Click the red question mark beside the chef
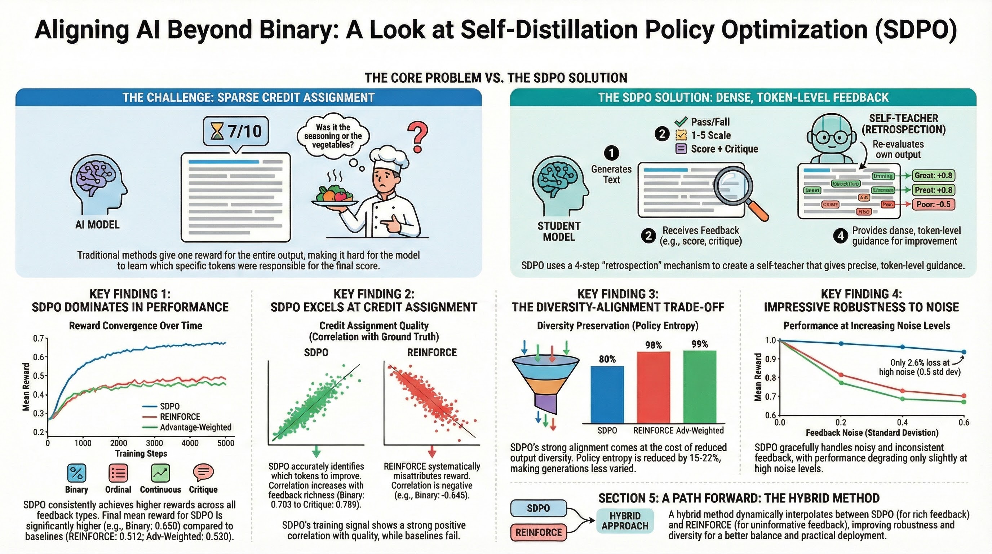pos(418,137)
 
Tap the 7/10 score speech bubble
pos(236,132)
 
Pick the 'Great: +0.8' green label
pos(934,176)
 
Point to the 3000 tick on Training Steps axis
pos(154,443)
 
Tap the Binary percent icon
pos(77,473)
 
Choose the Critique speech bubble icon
pos(203,472)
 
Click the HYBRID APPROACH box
pos(625,521)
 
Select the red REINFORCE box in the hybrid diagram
pos(539,532)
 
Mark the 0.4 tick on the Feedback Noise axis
pos(902,422)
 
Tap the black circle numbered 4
pos(841,236)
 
